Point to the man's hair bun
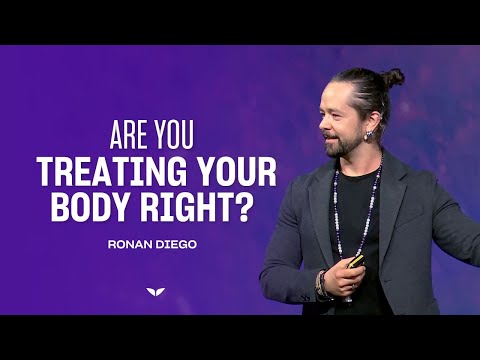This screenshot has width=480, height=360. pos(394,77)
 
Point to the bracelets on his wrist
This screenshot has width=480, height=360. pos(323,285)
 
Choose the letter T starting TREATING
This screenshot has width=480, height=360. pos(45,172)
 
